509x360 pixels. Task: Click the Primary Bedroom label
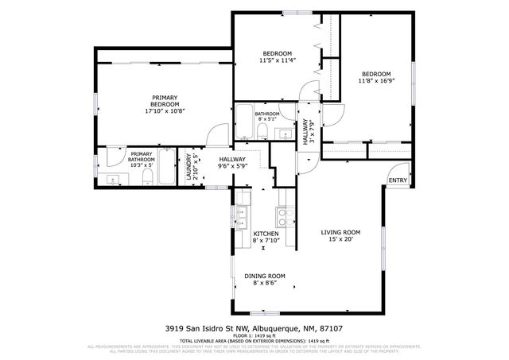[165, 104]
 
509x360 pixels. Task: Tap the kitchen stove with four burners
[282, 215]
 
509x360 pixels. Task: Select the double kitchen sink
[242, 216]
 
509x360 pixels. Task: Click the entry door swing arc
[394, 168]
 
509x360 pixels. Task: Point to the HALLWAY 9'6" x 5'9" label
[232, 163]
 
